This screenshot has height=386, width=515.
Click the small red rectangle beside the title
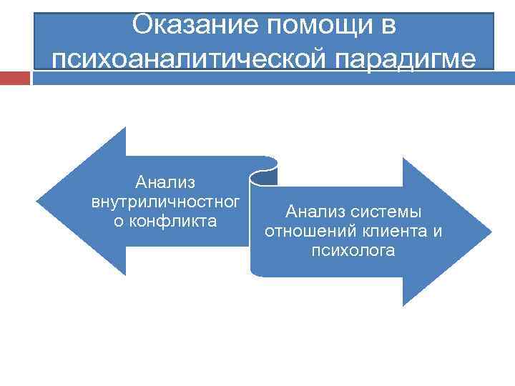coord(15,77)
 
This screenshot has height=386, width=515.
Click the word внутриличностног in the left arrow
coord(165,204)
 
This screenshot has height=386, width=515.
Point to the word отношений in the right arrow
coord(304,232)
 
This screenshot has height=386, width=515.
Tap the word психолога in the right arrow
coord(353,251)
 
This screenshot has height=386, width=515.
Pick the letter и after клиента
coord(437,232)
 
